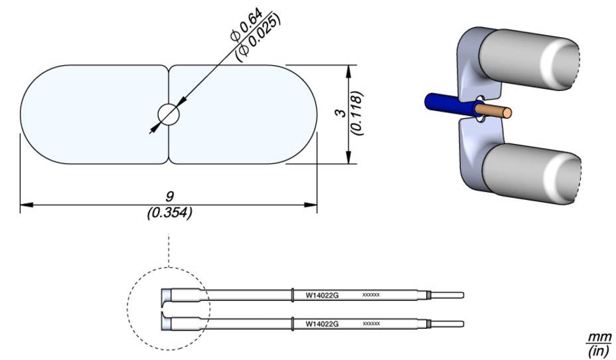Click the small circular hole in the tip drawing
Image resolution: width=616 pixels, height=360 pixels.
[169, 115]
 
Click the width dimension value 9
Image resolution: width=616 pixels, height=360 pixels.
[169, 197]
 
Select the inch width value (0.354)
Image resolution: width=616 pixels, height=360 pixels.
[169, 213]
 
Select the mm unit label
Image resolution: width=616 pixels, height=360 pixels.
[598, 337]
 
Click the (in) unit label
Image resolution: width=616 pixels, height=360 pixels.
[598, 350]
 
